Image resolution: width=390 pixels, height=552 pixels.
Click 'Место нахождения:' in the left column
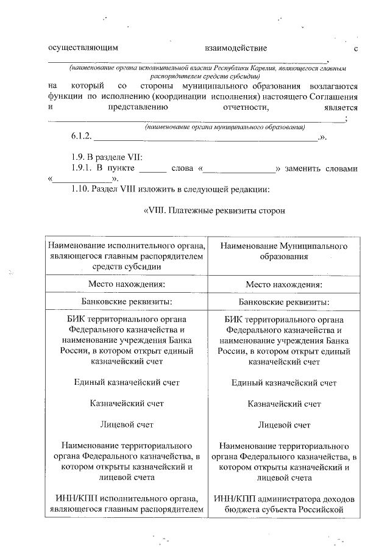click(126, 284)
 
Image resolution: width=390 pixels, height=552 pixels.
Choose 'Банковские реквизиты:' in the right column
click(284, 303)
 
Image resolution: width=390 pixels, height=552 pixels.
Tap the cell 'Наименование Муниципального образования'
click(284, 251)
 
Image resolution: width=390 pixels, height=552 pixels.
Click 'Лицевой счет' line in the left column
click(126, 424)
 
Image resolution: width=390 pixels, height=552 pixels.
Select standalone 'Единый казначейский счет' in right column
click(284, 382)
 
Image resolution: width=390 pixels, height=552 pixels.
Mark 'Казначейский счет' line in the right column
click(284, 403)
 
